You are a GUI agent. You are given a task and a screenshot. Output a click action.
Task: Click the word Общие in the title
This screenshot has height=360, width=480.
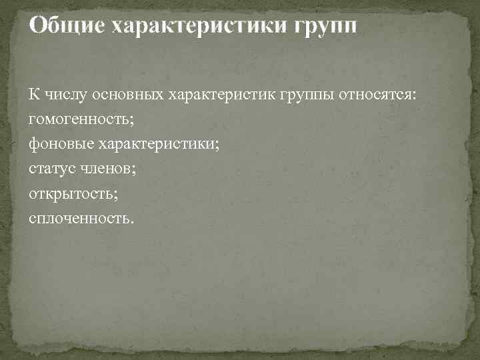(x=66, y=26)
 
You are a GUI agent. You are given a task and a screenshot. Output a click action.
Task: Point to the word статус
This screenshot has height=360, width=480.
(x=52, y=168)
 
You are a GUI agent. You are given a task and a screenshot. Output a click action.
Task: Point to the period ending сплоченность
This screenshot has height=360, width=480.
(x=132, y=221)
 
